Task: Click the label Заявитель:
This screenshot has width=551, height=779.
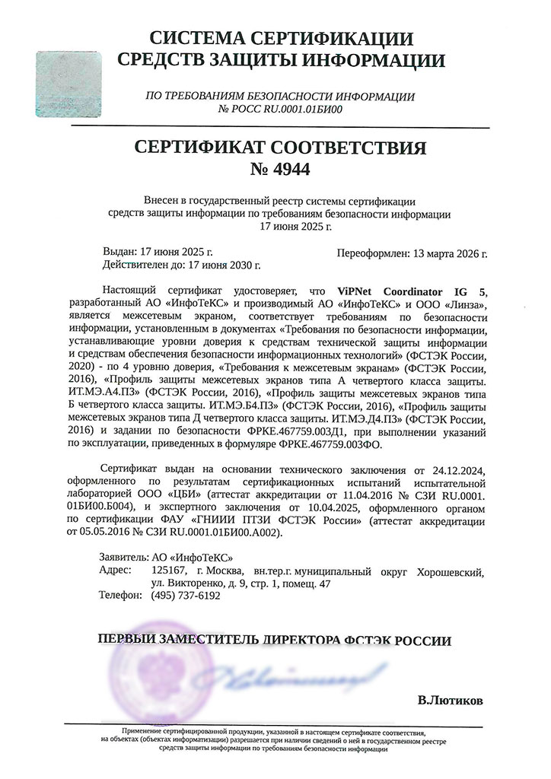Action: pyautogui.click(x=126, y=557)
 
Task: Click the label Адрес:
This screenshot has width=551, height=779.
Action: pyautogui.click(x=115, y=570)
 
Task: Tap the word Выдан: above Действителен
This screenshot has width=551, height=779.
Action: pyautogui.click(x=120, y=251)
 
